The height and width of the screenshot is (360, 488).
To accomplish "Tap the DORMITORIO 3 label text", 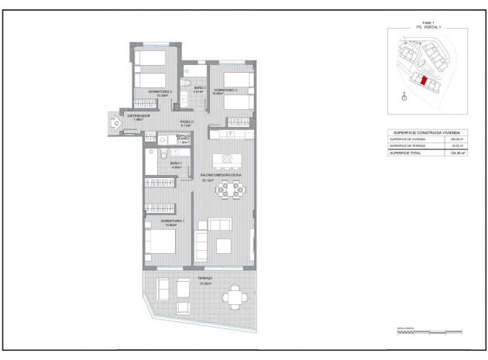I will (225, 91).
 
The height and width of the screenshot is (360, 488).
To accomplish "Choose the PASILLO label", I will (187, 122).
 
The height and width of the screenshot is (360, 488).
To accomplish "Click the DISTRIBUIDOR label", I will (139, 117).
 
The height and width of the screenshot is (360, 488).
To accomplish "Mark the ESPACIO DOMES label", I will (184, 139).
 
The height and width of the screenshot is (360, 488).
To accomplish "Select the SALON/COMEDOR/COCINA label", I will (222, 177).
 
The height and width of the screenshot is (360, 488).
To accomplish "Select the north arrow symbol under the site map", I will (404, 98).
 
